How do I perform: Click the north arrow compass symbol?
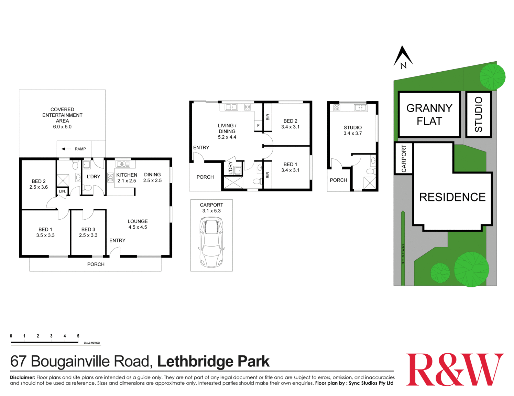tap(403, 57)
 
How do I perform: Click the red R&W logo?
tap(455, 369)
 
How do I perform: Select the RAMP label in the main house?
tap(80, 149)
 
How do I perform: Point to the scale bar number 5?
tap(78, 336)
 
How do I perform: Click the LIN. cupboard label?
tap(62, 191)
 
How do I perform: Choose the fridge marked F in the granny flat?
tap(258, 126)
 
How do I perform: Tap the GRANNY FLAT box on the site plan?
tap(429, 114)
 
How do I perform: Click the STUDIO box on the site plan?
tap(478, 114)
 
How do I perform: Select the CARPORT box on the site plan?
tap(404, 158)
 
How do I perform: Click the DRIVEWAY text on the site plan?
tap(403, 254)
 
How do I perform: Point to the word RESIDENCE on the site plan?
tap(452, 197)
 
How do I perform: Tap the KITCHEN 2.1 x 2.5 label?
tap(127, 178)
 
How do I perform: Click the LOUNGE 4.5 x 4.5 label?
tap(138, 224)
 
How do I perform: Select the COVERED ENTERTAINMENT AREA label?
tap(62, 118)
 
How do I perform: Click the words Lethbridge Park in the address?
tap(213, 361)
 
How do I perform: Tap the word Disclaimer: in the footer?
tap(22, 377)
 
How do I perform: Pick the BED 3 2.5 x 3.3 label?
tap(88, 232)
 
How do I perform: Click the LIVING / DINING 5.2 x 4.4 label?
tap(227, 131)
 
